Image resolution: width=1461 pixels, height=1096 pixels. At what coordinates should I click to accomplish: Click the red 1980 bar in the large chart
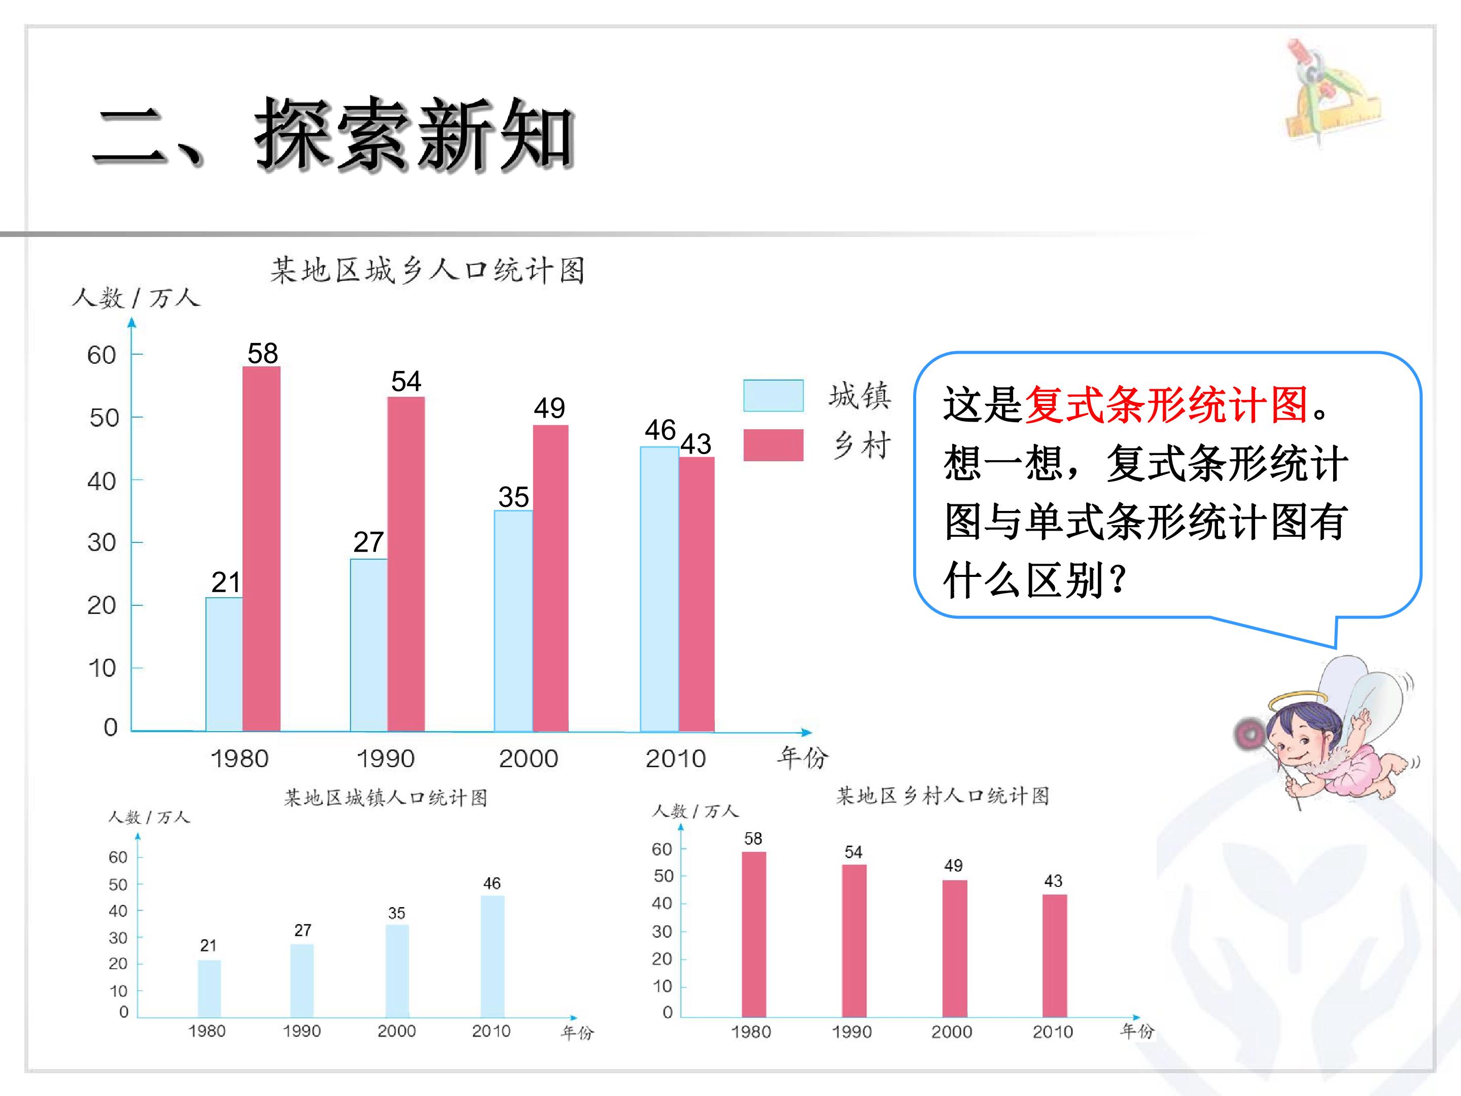tap(262, 549)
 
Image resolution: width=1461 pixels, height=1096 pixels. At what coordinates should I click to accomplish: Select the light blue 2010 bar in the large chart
tap(659, 589)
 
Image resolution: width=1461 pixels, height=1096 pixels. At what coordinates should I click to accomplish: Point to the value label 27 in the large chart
tap(369, 542)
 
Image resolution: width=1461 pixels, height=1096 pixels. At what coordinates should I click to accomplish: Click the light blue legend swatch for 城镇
tap(774, 395)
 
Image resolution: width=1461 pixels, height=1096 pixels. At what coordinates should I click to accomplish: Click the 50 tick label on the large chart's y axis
tap(103, 418)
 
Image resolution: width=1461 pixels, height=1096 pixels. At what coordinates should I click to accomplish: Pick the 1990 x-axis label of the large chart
tap(386, 759)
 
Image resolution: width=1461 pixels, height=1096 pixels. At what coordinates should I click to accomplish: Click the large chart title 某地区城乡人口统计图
tap(427, 270)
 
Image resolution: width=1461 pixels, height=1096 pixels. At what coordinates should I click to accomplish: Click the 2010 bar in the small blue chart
tap(492, 956)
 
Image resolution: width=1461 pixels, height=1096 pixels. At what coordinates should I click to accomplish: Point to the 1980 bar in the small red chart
tap(754, 934)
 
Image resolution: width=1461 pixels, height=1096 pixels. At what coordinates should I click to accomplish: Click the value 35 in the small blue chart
tap(396, 913)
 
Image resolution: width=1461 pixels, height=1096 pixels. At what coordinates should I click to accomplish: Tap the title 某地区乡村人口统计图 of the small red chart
tap(943, 796)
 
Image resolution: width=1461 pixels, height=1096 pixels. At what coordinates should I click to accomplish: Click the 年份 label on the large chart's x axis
tap(803, 757)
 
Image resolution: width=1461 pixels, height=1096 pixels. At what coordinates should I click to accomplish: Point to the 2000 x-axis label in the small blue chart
tap(396, 1031)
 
